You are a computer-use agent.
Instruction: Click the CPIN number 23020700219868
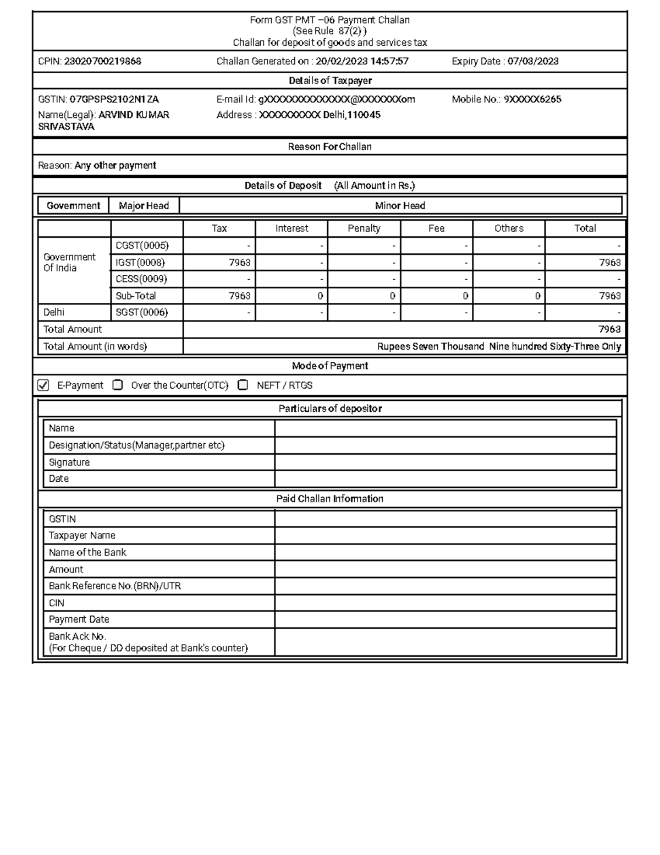point(102,62)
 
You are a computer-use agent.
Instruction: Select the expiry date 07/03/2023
point(532,62)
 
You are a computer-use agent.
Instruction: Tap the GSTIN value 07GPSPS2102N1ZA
point(114,100)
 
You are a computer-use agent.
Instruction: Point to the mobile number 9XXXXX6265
point(532,100)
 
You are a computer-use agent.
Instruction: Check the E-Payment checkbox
point(43,385)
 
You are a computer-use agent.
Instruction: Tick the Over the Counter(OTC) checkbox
point(117,385)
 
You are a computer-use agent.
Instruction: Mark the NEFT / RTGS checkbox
point(243,385)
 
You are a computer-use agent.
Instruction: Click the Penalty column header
point(364,228)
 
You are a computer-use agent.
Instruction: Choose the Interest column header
point(291,228)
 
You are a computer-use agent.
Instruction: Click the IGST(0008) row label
point(140,263)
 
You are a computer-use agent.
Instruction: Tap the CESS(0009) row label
point(141,279)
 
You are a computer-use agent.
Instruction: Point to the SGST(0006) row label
point(141,313)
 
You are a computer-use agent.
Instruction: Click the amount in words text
point(498,347)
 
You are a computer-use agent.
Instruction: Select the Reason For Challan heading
point(329,147)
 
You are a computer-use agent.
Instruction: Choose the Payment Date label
point(79,619)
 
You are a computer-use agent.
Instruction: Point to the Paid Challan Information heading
point(329,499)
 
